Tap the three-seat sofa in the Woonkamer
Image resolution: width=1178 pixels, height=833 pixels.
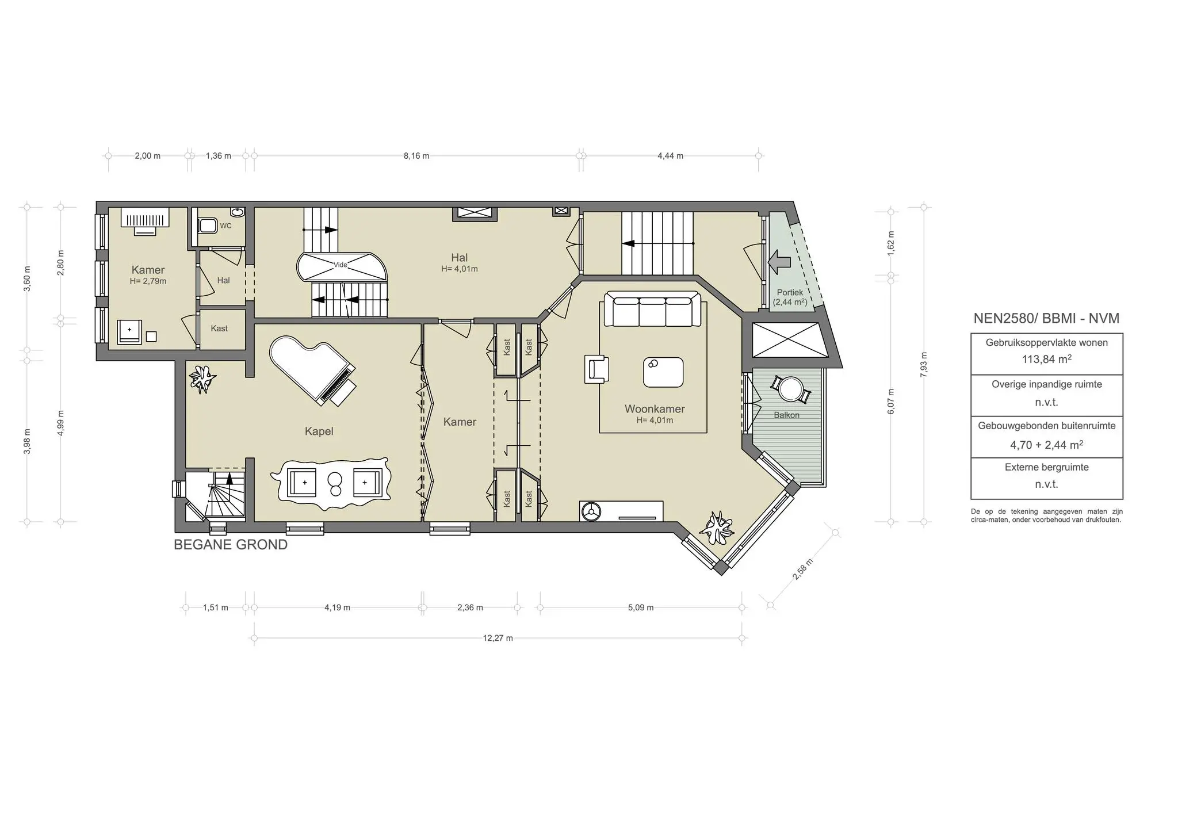point(652,311)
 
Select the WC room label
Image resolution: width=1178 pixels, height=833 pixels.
point(225,226)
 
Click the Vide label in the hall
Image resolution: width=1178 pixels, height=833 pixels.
point(341,265)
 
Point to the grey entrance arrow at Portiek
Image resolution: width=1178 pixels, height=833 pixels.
point(781,262)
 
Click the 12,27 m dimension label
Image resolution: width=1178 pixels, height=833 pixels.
point(498,638)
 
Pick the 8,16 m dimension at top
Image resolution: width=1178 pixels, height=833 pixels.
point(416,156)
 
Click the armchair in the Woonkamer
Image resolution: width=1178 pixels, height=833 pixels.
point(596,369)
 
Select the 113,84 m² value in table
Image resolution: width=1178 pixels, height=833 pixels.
point(1046,360)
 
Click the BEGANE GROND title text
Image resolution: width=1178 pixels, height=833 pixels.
point(231,545)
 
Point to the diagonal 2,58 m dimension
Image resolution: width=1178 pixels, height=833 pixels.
point(802,570)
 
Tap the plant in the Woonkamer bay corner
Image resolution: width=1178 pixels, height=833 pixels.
point(717,528)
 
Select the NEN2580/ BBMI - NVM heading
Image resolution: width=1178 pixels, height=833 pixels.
point(1046,319)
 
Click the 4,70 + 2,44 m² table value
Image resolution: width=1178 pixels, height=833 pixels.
point(1046,445)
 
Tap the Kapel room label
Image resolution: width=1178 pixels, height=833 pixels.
point(319,431)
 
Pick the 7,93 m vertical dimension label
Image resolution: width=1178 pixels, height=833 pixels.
point(924,364)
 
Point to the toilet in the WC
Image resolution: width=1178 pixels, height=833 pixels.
point(206,225)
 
